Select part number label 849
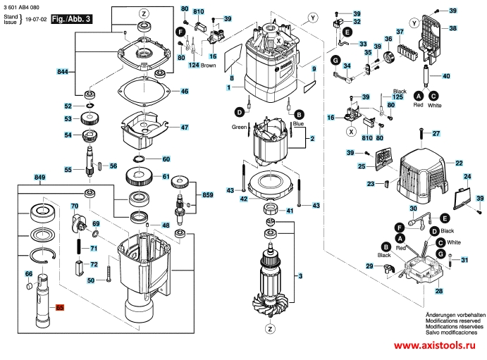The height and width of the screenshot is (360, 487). [39, 177]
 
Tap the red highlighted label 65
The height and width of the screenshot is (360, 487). [60, 307]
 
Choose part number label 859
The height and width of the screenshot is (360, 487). [207, 194]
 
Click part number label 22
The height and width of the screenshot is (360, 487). [458, 163]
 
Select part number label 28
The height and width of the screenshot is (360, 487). [439, 291]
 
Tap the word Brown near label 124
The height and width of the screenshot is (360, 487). [209, 66]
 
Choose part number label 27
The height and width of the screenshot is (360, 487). [436, 133]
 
